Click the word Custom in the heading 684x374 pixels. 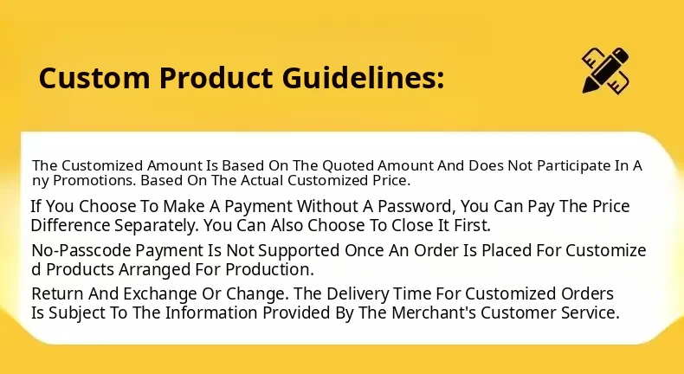[x=94, y=78]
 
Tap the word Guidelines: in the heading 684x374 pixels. [x=363, y=78]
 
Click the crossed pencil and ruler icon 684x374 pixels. [x=606, y=70]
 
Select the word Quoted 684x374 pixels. [x=348, y=166]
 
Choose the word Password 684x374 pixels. [x=416, y=206]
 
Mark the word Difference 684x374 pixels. [x=71, y=225]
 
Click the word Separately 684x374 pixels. [x=157, y=226]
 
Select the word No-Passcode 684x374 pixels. [x=81, y=250]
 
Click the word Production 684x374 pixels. [x=269, y=270]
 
